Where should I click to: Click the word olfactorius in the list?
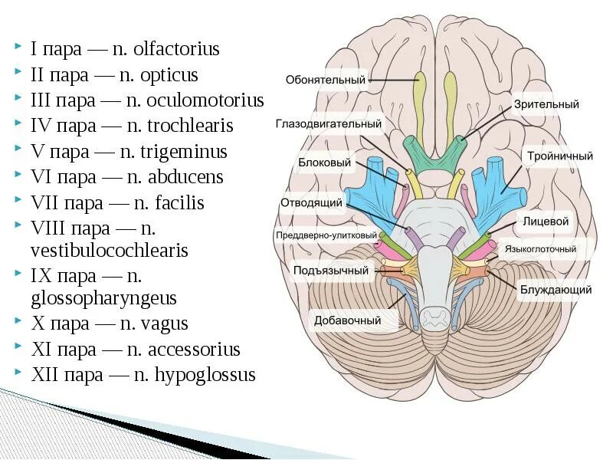point(176,49)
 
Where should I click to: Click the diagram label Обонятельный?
point(326,80)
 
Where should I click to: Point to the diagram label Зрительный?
point(546,104)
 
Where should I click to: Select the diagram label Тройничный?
point(559,156)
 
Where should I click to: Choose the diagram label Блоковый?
point(324,163)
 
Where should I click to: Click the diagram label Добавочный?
point(347,320)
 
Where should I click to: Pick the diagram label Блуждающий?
point(546,290)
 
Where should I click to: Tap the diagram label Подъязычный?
point(330,271)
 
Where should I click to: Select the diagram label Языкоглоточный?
point(539,250)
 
